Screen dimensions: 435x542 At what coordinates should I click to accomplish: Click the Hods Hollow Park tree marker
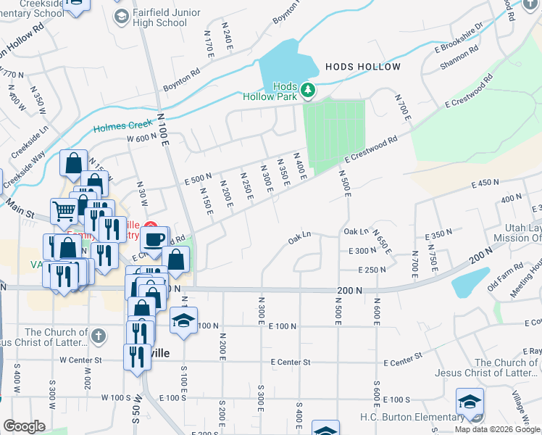[309, 90]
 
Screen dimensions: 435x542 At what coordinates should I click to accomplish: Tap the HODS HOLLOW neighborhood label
[362, 67]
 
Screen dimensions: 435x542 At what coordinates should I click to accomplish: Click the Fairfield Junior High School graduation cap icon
[122, 15]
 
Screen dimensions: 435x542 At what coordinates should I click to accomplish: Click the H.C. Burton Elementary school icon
[470, 401]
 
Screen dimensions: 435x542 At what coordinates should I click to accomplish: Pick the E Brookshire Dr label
[459, 38]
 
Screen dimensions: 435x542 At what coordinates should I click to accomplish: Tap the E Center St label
[290, 362]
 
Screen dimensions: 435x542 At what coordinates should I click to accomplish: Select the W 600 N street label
[142, 138]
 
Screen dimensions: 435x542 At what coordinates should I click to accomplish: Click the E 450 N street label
[485, 184]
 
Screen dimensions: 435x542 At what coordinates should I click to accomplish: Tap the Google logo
[24, 426]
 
